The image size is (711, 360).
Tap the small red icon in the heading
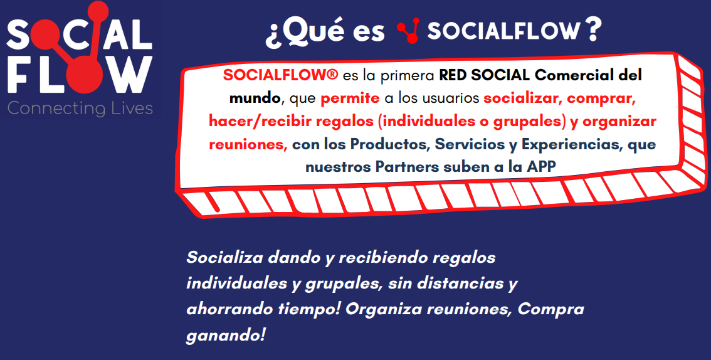(x=408, y=30)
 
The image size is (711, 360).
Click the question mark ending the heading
(x=594, y=29)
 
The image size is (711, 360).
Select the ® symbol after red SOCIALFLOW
(x=332, y=75)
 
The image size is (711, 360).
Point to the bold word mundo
(x=255, y=98)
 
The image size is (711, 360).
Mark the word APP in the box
(x=541, y=166)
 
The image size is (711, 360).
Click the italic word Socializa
(x=225, y=257)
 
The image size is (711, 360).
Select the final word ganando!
(x=226, y=336)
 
